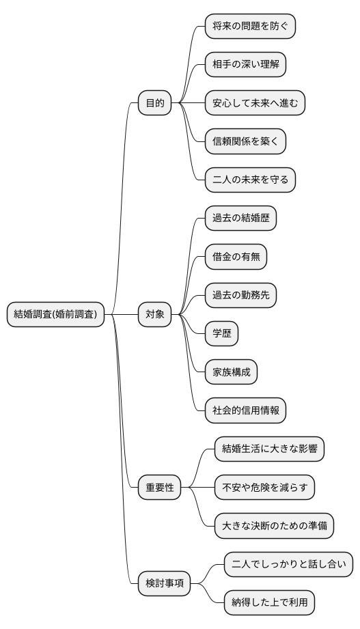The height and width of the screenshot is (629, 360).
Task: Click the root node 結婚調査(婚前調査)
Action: click(x=55, y=315)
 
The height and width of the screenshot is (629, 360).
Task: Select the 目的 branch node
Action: click(x=154, y=103)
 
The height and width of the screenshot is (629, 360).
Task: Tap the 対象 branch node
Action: click(x=154, y=315)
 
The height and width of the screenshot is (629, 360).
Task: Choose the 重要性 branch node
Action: click(x=160, y=488)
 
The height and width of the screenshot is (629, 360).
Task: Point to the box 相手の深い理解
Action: click(x=245, y=65)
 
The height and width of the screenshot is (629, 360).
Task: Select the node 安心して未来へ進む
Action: click(x=255, y=103)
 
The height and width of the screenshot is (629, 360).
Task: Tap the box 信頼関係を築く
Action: click(x=245, y=142)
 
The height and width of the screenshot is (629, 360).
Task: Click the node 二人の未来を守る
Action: click(x=251, y=180)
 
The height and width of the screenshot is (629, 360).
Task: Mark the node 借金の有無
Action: click(x=236, y=257)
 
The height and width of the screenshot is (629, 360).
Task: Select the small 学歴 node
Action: click(x=222, y=334)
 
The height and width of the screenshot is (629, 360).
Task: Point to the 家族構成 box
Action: click(x=232, y=372)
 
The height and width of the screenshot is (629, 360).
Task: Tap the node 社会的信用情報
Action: click(x=245, y=410)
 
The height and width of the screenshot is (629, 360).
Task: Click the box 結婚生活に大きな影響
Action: click(x=269, y=449)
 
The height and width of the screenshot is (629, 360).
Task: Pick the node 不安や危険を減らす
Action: click(x=264, y=488)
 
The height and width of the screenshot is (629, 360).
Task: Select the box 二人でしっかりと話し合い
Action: click(x=288, y=564)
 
